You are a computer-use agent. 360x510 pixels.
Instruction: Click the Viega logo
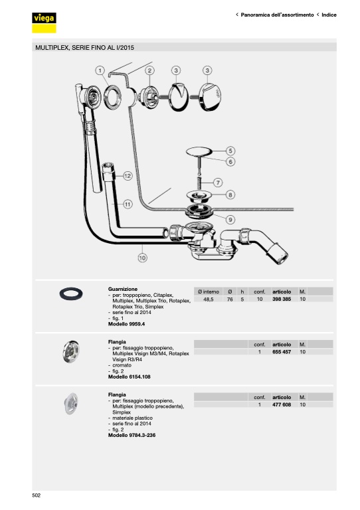point(44,23)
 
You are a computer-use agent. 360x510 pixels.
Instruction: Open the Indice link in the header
point(329,15)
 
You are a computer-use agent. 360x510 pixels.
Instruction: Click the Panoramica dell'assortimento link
point(277,15)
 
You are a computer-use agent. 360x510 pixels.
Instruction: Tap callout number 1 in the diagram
point(100,70)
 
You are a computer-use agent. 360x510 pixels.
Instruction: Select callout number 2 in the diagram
point(149,70)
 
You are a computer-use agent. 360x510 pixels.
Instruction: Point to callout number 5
point(230,151)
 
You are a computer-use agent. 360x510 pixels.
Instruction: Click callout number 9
point(230,220)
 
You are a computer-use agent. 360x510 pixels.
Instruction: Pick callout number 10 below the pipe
point(142,258)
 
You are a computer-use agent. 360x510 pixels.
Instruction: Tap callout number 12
point(128,176)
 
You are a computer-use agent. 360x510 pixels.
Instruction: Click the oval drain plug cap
point(199,151)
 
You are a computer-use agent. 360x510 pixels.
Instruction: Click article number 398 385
point(282,299)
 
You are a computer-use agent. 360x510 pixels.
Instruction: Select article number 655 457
point(282,352)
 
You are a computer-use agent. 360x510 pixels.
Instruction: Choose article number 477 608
point(282,404)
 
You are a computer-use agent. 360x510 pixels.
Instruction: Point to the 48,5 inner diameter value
point(209,299)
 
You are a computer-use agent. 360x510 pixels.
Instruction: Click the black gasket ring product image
point(71,294)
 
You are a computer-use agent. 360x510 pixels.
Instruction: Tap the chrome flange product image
point(71,351)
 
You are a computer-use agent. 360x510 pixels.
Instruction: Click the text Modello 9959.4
point(126,324)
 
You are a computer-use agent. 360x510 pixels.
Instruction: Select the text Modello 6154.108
point(130,377)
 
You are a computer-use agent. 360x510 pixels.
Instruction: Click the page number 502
point(36,495)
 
